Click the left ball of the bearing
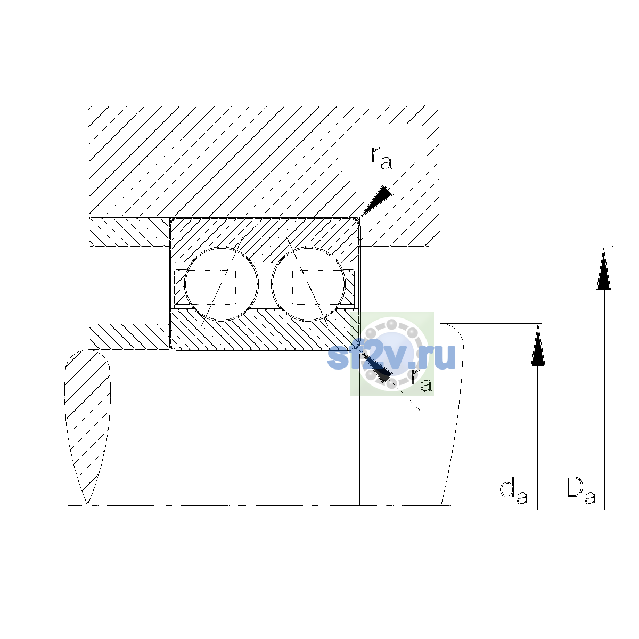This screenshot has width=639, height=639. [x=221, y=284]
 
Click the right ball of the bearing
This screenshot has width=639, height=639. [x=308, y=284]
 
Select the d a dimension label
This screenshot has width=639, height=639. [x=514, y=492]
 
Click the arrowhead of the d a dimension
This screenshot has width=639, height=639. [x=538, y=345]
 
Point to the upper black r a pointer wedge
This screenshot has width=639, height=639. [x=376, y=200]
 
